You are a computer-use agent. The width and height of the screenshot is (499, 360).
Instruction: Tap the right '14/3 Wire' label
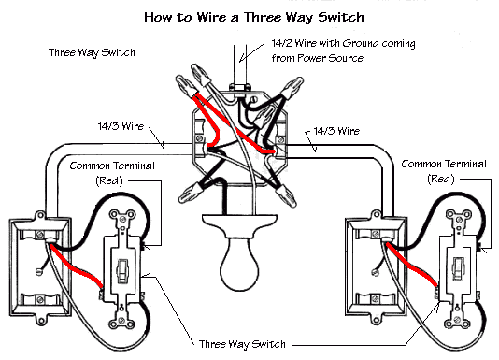click(x=337, y=131)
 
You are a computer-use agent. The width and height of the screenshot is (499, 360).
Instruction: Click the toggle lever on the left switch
click(x=122, y=268)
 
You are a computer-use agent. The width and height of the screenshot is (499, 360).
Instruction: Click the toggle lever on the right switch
click(x=457, y=269)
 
